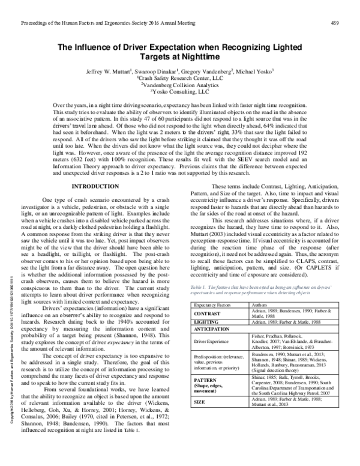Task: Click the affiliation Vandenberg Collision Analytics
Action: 180,85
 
